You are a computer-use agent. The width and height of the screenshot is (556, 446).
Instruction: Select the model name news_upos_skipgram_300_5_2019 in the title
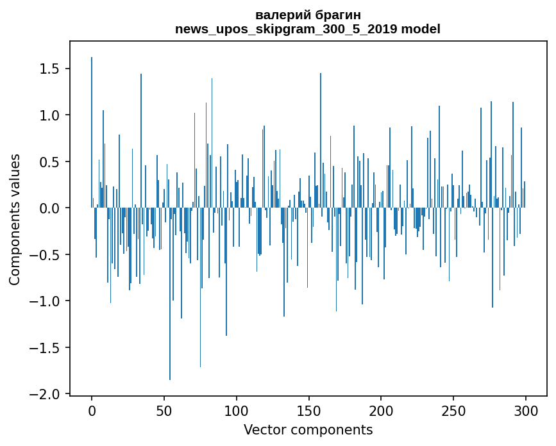pyautogui.click(x=286, y=29)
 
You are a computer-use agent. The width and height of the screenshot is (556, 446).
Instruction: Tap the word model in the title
pyautogui.click(x=421, y=29)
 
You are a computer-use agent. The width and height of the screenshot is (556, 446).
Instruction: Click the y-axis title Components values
pyautogui.click(x=15, y=220)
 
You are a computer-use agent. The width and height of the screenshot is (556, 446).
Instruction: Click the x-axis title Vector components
pyautogui.click(x=308, y=430)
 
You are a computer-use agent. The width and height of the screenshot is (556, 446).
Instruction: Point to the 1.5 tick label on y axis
pyautogui.click(x=49, y=69)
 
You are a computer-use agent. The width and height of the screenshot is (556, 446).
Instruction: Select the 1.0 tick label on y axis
pyautogui.click(x=49, y=115)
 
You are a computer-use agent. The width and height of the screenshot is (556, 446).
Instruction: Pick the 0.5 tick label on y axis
pyautogui.click(x=49, y=162)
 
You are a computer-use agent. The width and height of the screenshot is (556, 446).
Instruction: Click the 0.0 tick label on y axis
pyautogui.click(x=49, y=208)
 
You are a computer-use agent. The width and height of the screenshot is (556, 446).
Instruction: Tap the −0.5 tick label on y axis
pyautogui.click(x=44, y=254)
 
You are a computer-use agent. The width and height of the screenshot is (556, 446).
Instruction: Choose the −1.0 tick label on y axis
pyautogui.click(x=44, y=301)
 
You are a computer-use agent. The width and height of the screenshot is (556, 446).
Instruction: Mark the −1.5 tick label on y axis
pyautogui.click(x=44, y=348)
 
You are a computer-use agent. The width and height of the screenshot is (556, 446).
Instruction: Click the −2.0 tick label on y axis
pyautogui.click(x=44, y=394)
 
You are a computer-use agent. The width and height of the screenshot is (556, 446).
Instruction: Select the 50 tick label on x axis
pyautogui.click(x=164, y=411)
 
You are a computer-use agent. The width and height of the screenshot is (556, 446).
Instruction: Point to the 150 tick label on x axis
pyautogui.click(x=308, y=411)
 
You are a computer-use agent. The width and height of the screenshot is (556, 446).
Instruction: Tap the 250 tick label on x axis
pyautogui.click(x=453, y=411)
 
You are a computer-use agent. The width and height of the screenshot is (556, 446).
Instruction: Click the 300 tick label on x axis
pyautogui.click(x=525, y=411)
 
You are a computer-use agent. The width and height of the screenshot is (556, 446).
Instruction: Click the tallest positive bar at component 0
pyautogui.click(x=92, y=133)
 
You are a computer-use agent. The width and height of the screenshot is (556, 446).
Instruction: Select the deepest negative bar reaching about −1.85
pyautogui.click(x=170, y=294)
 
